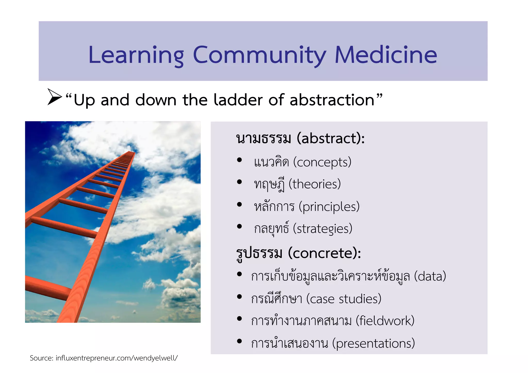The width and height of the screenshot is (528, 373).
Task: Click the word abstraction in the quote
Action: pyautogui.click(x=332, y=100)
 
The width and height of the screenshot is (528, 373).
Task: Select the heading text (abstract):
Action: pyautogui.click(x=331, y=138)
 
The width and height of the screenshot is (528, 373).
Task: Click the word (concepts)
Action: pyautogui.click(x=322, y=162)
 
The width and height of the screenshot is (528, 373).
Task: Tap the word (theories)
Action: pyautogui.click(x=315, y=184)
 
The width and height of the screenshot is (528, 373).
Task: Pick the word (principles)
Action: pyautogui.click(x=329, y=207)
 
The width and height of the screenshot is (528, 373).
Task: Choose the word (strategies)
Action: pyautogui.click(x=323, y=229)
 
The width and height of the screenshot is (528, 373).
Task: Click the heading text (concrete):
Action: pyautogui.click(x=324, y=253)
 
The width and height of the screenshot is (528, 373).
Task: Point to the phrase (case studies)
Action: pyautogui.click(x=344, y=299)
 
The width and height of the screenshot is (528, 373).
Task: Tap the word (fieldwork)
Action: pyautogui.click(x=385, y=321)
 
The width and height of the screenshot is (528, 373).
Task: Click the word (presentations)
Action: pyautogui.click(x=373, y=343)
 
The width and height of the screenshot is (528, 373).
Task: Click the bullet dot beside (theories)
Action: pyautogui.click(x=239, y=182)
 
